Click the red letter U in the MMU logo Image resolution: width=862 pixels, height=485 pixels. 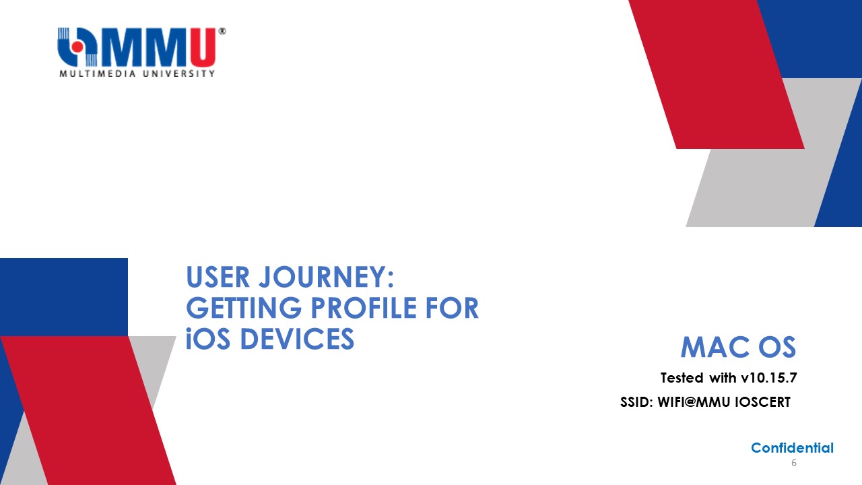[202, 47]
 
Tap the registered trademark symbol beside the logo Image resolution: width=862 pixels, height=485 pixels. [222, 31]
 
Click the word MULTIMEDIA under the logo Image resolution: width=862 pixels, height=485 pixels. [98, 73]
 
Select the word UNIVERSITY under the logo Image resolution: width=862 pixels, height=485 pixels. [179, 73]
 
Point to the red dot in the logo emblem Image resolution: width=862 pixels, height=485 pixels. [77, 46]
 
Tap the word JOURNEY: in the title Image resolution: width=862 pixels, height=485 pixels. [327, 277]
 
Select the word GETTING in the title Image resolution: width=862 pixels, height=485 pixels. [244, 308]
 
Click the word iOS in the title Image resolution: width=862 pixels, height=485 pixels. [208, 339]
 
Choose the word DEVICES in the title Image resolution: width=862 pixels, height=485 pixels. [297, 339]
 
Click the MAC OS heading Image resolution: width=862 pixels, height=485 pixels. [738, 347]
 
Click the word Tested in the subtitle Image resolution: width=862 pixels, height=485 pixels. [682, 378]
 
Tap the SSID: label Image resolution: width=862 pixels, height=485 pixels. [636, 402]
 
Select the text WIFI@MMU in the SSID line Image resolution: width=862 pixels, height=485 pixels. [694, 402]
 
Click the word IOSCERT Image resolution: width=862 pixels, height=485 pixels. [763, 402]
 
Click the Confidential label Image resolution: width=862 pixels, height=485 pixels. [793, 448]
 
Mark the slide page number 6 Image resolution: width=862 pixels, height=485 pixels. [794, 463]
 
